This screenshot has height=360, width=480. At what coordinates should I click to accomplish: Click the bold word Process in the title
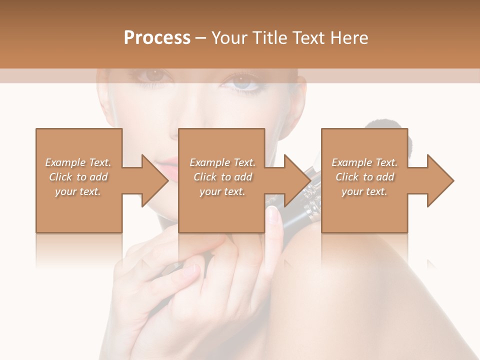coord(157,38)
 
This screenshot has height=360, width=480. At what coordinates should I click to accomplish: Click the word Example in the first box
coord(64,162)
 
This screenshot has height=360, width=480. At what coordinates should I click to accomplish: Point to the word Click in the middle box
coord(204,177)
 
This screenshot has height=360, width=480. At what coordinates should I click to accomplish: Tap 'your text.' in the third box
coord(364,191)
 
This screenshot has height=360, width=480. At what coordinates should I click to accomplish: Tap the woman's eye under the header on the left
coord(153,76)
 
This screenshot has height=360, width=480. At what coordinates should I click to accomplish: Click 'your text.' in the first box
coord(77,191)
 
